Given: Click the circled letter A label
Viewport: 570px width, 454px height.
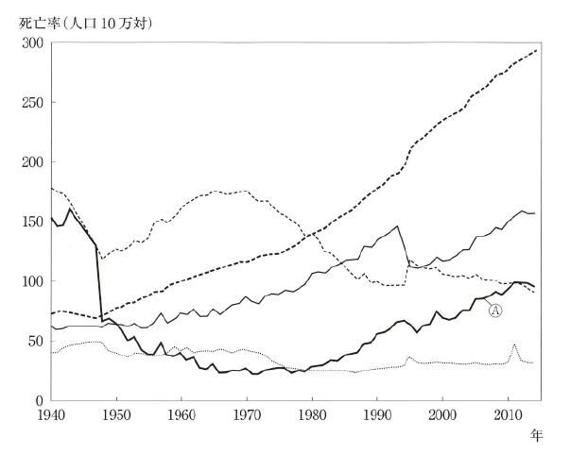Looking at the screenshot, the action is coord(495,311).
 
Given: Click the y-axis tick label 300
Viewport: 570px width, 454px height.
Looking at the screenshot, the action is coord(32,43).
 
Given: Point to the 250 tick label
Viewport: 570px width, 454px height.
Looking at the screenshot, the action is coord(32,103).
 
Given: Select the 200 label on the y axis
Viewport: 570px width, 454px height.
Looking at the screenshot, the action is coord(32,162).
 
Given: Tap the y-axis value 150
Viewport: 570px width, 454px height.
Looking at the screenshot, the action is coord(32,222).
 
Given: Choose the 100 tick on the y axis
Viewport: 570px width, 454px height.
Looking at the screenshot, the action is coord(32,281).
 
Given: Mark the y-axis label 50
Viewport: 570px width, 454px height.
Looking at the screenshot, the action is coord(36,341).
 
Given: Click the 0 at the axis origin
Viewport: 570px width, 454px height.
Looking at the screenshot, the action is coord(40,400).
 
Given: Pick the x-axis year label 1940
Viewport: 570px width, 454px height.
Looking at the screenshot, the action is coord(51,415).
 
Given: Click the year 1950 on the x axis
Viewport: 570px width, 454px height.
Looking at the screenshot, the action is coord(116,415).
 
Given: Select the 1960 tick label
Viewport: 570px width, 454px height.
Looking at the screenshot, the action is coord(181,415).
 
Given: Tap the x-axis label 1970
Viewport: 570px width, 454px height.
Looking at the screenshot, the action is coord(247,415).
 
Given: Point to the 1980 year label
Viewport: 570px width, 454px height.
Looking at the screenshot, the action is coord(312,415).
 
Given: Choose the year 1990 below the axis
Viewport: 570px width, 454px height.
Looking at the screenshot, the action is coord(377,415).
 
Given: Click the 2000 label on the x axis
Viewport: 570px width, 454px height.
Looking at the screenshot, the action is coord(442,415).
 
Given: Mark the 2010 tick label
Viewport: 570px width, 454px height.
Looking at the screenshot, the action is coord(508,415).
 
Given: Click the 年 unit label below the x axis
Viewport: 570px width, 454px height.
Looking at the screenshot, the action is coord(536,435).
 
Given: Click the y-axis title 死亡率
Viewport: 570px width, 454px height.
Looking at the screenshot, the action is coord(39,24).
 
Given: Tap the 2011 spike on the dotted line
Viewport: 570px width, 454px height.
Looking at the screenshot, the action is coord(514,345).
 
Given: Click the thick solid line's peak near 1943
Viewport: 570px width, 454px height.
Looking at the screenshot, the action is coord(70,209).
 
